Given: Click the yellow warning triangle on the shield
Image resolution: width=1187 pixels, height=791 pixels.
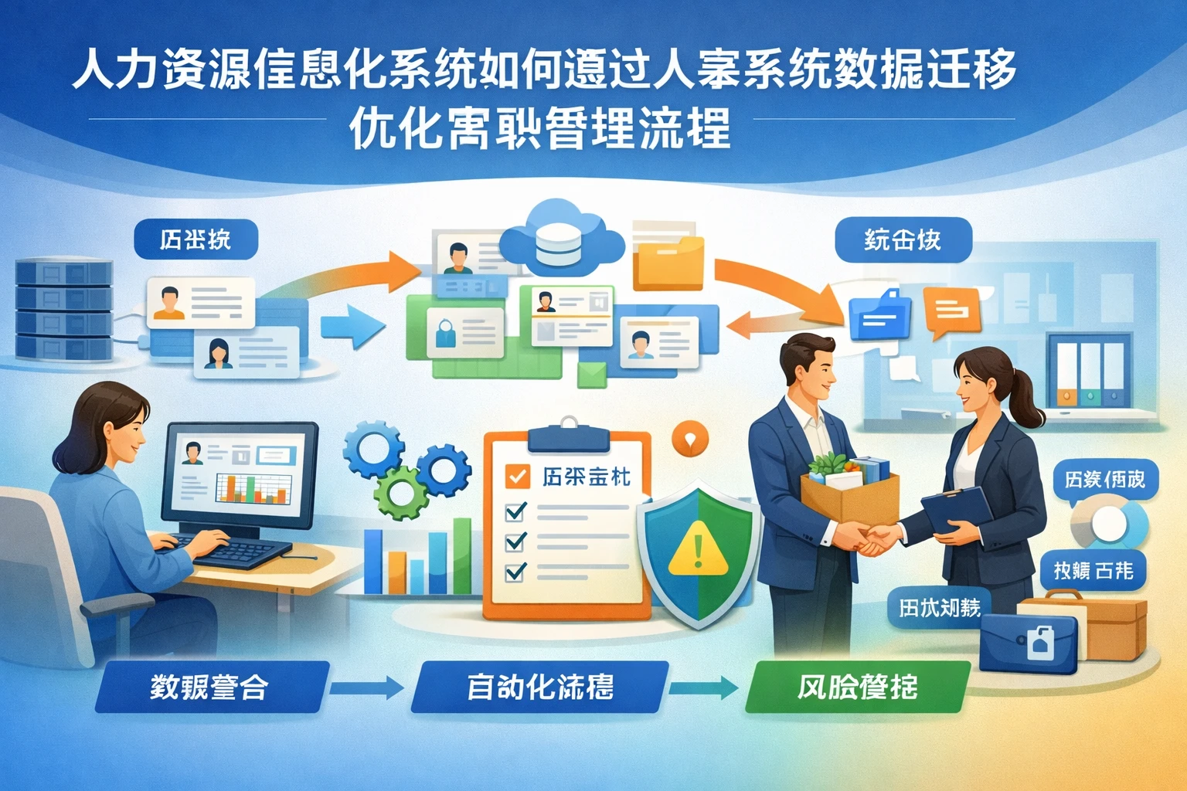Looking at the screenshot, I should tap(699, 549).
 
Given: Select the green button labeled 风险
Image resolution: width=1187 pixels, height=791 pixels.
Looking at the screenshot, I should tap(856, 686).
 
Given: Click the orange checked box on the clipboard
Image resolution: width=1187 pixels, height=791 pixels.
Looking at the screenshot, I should tap(517, 476).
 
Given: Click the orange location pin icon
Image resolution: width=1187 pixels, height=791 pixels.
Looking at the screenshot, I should tap(690, 440).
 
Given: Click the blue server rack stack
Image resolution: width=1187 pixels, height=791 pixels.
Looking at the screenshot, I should tap(64, 309).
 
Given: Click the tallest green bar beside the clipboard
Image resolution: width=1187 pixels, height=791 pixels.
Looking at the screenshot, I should tap(462, 556).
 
